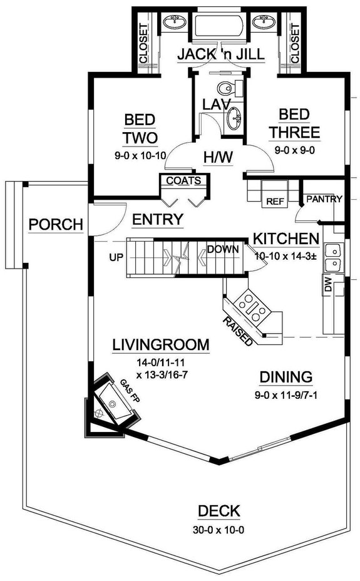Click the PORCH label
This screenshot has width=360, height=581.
pyautogui.click(x=56, y=224)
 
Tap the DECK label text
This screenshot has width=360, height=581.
pyautogui.click(x=219, y=512)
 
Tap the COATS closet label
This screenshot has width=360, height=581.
pyautogui.click(x=183, y=181)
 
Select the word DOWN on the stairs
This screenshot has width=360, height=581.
pyautogui.click(x=223, y=249)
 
